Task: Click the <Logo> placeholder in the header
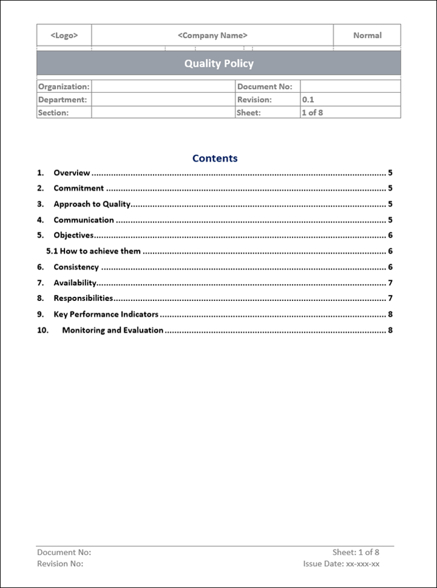[64, 36]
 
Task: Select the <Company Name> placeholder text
[212, 36]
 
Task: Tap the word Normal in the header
[367, 36]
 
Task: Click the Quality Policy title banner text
[218, 64]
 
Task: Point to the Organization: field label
[64, 87]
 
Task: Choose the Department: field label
[63, 100]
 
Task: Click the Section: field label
[53, 113]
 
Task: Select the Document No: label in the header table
[265, 87]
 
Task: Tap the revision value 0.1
[308, 100]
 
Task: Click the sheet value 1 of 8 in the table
[312, 113]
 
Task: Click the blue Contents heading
[215, 158]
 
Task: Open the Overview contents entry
[72, 173]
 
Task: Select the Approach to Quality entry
[92, 204]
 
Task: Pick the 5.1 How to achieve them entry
[93, 251]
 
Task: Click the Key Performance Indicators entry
[106, 314]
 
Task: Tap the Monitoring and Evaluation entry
[112, 330]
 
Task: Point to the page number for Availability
[390, 283]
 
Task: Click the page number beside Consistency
[390, 267]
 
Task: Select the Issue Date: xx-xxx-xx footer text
[341, 563]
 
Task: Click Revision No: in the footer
[60, 563]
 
